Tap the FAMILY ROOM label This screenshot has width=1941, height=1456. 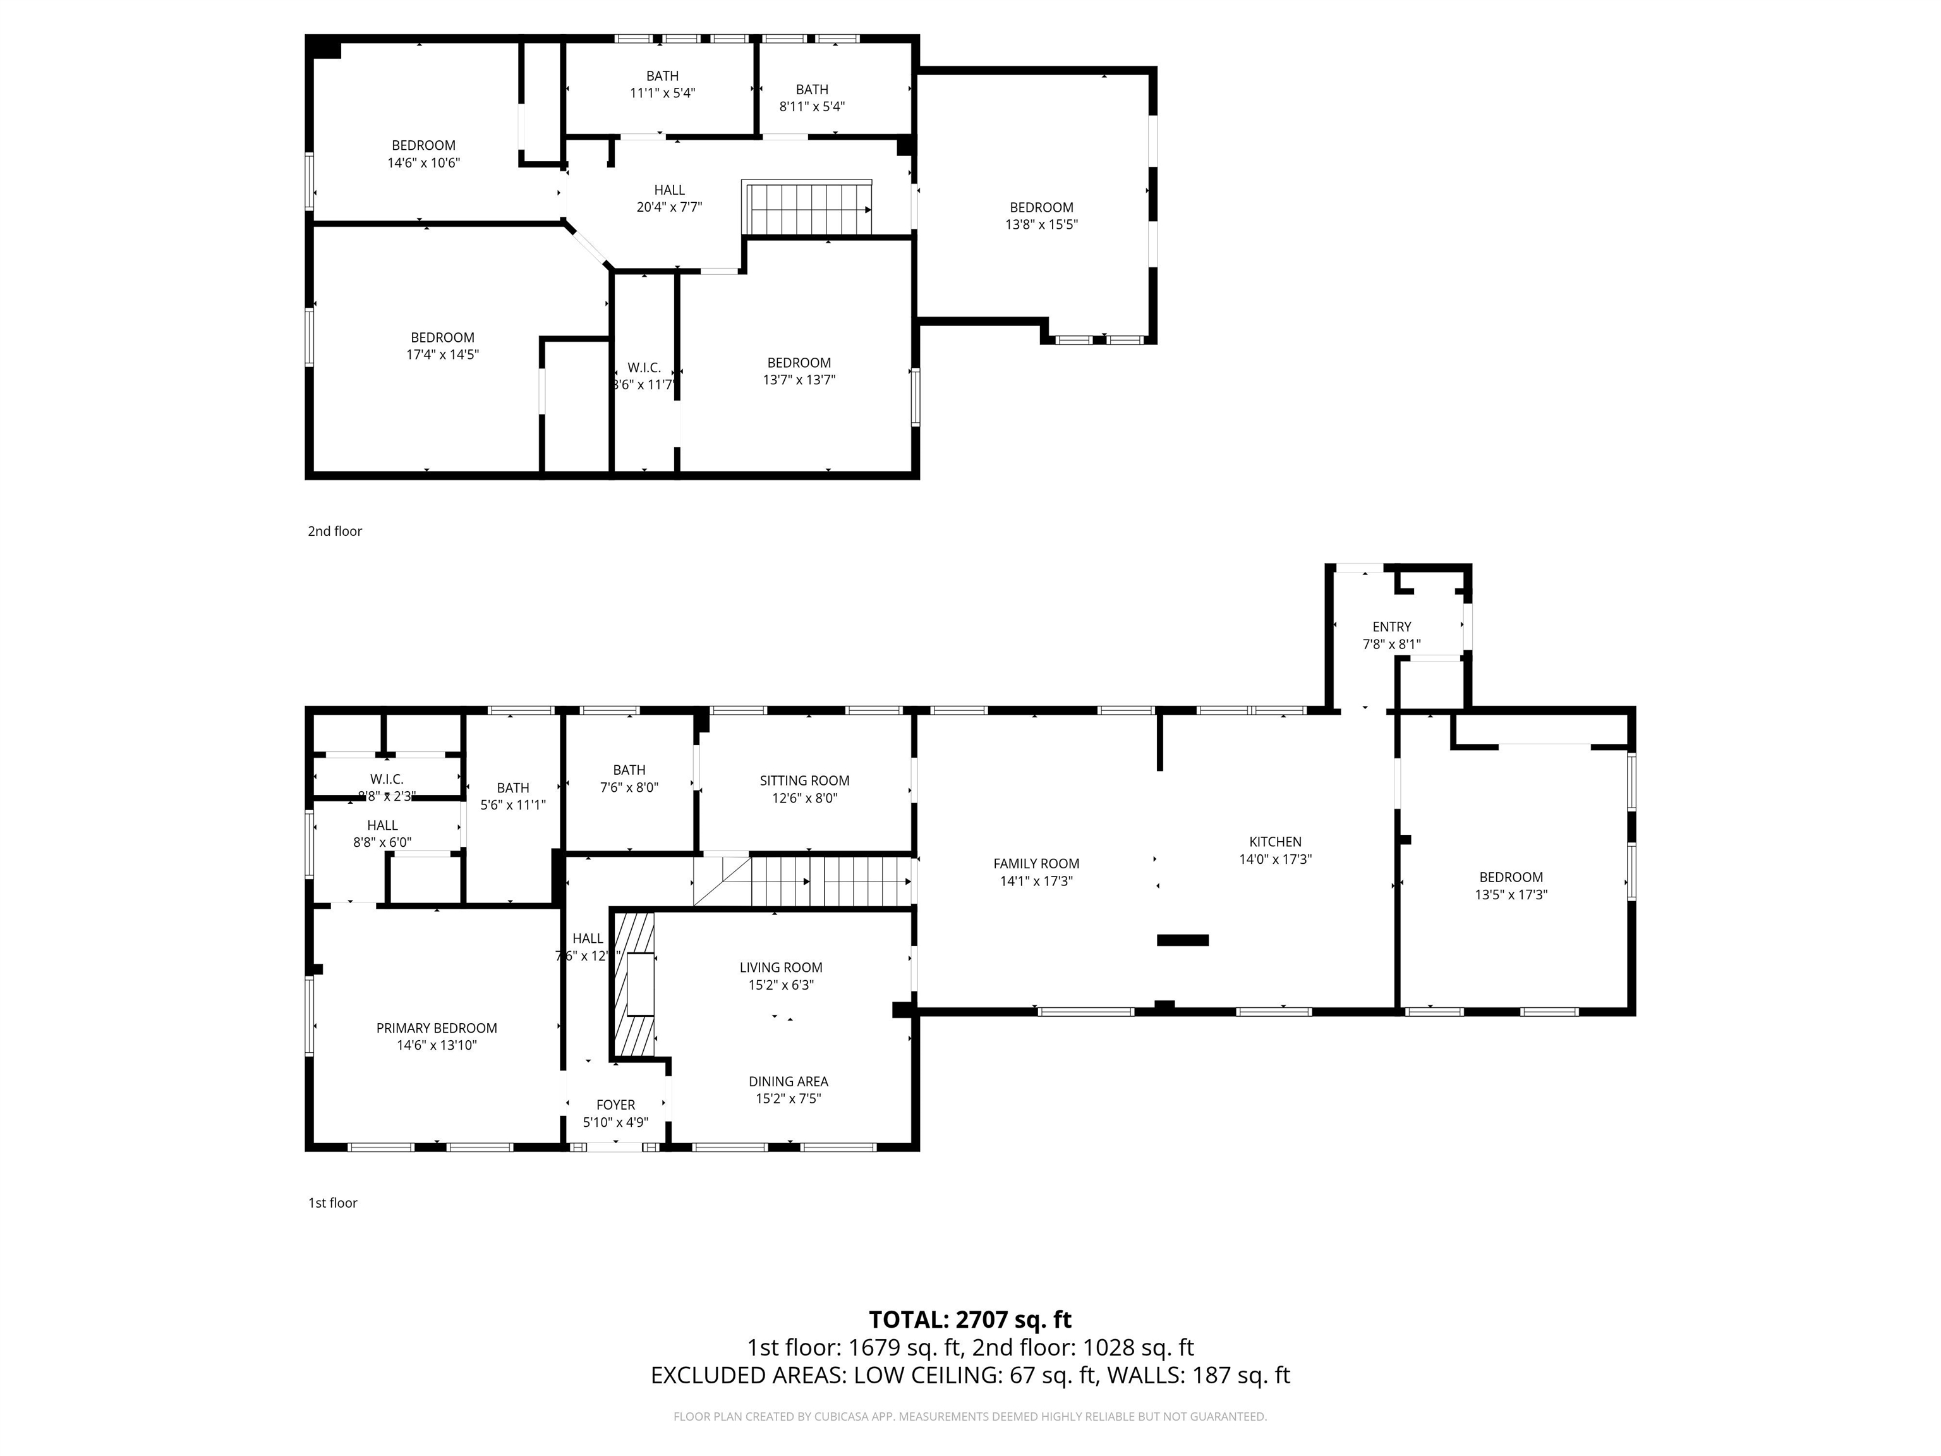tap(1036, 864)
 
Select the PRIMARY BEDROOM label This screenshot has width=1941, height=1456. tap(436, 1028)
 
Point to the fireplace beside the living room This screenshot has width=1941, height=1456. tap(635, 985)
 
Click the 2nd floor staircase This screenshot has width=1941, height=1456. tap(807, 209)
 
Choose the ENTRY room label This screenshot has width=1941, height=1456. tap(1392, 627)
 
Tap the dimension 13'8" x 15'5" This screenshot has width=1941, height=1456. tap(1041, 225)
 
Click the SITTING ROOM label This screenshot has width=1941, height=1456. tap(805, 780)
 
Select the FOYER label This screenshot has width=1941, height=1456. tap(615, 1105)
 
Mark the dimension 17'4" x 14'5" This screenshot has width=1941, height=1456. tap(442, 355)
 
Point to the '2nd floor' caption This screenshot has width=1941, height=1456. tap(334, 531)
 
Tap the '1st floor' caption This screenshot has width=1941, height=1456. tap(332, 1203)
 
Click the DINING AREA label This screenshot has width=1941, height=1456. tap(788, 1081)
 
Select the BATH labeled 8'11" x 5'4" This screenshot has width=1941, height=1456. tap(812, 90)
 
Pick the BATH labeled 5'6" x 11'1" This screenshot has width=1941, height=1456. tap(512, 788)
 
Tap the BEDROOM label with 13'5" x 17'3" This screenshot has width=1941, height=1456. tap(1510, 877)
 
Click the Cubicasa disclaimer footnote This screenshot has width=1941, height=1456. tap(970, 1417)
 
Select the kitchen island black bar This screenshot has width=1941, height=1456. tap(1182, 940)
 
